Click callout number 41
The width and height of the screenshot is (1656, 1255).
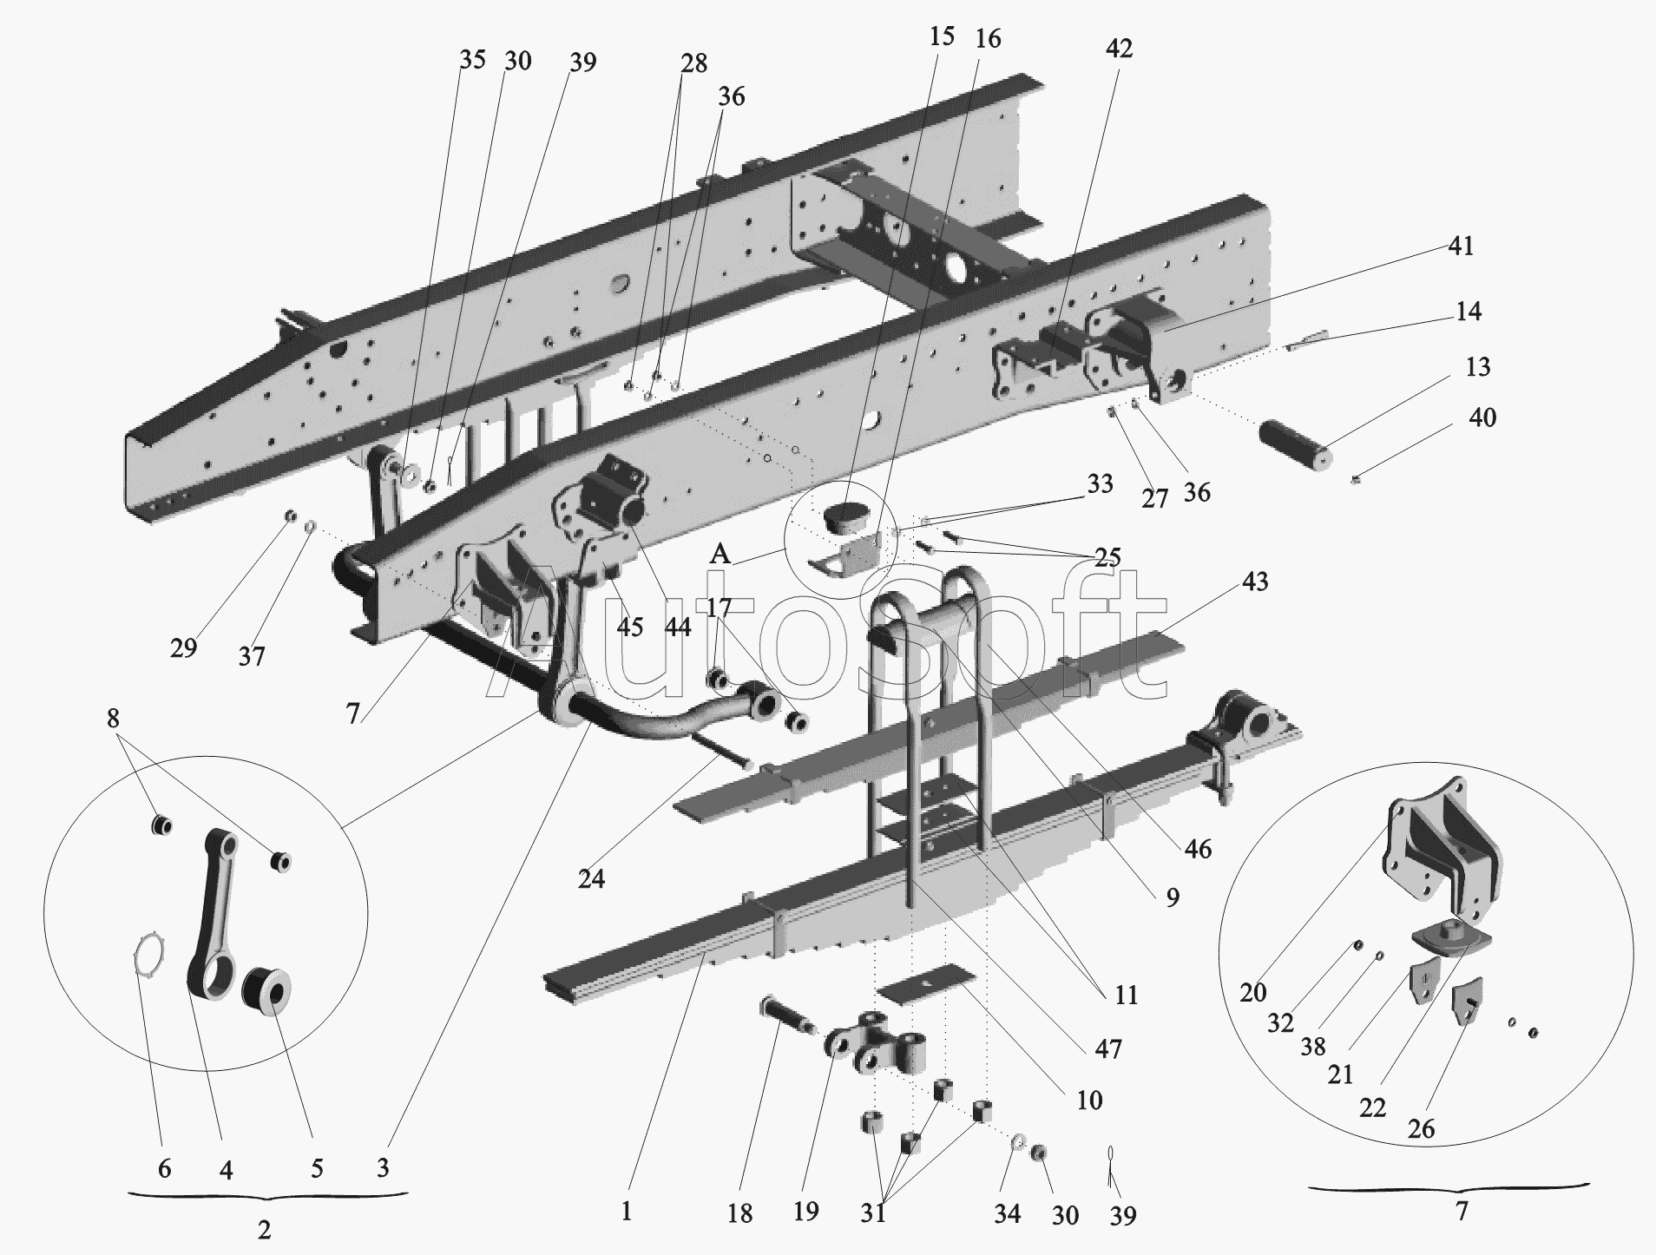[1462, 246]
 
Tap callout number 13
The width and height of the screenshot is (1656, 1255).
[1477, 367]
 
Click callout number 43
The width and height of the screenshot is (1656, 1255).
[1255, 582]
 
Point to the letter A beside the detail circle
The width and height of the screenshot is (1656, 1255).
[720, 553]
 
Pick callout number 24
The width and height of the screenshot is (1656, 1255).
[591, 879]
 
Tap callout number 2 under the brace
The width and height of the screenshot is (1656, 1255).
[265, 1229]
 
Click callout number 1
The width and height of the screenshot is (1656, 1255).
[627, 1211]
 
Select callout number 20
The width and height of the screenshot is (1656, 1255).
[1253, 992]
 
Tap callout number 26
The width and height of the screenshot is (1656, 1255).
[1422, 1128]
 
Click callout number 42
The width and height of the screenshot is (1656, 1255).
[1119, 49]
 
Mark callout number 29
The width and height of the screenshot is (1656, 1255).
[183, 647]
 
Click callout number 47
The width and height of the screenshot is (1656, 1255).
[1108, 1048]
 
